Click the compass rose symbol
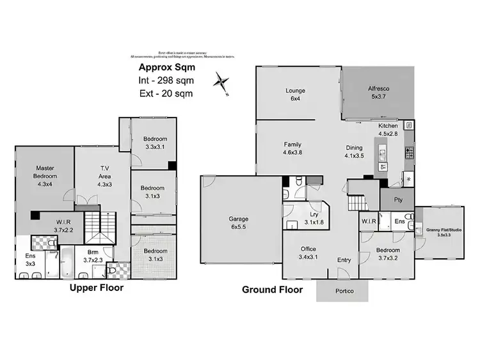tap(221, 82)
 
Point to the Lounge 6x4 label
tap(296, 95)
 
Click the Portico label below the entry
tap(343, 291)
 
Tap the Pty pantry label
tap(398, 200)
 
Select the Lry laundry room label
tap(314, 218)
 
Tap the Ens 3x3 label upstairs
tap(31, 260)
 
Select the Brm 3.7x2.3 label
tap(93, 256)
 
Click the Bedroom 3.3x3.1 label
tap(155, 143)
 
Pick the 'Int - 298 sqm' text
tap(166, 81)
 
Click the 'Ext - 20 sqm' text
tap(166, 93)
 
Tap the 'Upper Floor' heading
tap(96, 288)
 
